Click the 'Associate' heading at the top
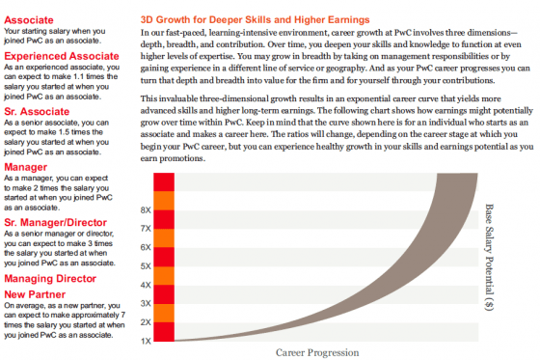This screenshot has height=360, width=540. (x=29, y=20)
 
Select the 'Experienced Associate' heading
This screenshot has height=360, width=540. (x=62, y=56)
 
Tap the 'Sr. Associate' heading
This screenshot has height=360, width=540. (x=37, y=111)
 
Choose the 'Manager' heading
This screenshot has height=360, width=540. (x=25, y=167)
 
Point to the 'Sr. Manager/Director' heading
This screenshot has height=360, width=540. (x=56, y=222)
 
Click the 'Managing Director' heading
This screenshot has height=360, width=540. (x=50, y=278)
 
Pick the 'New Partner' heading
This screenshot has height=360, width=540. (x=35, y=294)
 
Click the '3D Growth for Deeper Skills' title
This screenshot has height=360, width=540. (x=256, y=19)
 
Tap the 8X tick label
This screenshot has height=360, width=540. (x=146, y=210)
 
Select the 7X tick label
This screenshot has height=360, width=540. (x=146, y=229)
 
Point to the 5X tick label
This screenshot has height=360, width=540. (x=146, y=266)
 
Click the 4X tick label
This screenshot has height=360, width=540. (x=146, y=285)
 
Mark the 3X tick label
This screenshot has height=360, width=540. (x=146, y=303)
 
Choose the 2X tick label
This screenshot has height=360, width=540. (x=146, y=322)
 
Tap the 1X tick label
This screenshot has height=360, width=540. (x=146, y=341)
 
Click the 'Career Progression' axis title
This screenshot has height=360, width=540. (x=317, y=352)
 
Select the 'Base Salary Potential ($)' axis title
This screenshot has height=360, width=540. (x=490, y=258)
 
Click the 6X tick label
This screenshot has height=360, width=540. (x=146, y=247)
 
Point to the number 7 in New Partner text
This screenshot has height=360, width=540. (x=123, y=316)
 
